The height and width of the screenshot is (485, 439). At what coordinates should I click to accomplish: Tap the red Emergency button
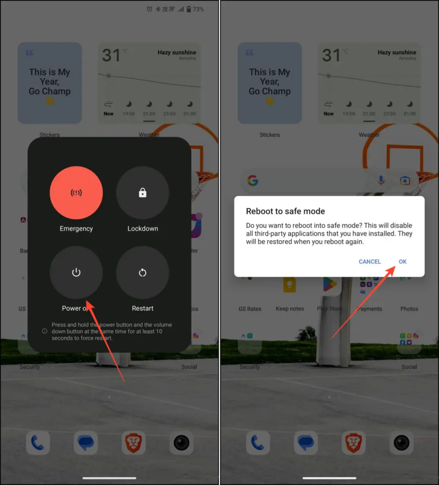tap(76, 193)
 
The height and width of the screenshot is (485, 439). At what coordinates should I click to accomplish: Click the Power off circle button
tap(76, 273)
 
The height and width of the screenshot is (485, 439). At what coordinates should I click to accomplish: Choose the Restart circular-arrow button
tap(142, 273)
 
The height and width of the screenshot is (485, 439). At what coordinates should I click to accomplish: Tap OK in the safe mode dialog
tap(402, 261)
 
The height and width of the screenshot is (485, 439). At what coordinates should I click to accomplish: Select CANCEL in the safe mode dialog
tap(369, 261)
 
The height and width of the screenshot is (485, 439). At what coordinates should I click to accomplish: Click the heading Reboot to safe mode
tap(285, 212)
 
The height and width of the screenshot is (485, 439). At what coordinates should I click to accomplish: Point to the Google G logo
tap(253, 181)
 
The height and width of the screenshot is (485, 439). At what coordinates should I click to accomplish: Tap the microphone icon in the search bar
tap(381, 181)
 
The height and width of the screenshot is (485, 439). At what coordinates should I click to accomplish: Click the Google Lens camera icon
tap(405, 181)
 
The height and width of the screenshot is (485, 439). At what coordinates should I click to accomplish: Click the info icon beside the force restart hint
tap(45, 331)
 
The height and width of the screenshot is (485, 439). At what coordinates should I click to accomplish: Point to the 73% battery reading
tap(198, 9)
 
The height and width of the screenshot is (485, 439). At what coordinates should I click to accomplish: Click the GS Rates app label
tap(250, 309)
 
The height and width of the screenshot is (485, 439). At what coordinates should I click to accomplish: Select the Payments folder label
tap(369, 309)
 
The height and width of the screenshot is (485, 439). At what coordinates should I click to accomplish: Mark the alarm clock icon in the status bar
tap(149, 9)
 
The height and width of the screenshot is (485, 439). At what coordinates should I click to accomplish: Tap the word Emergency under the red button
tap(76, 229)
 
